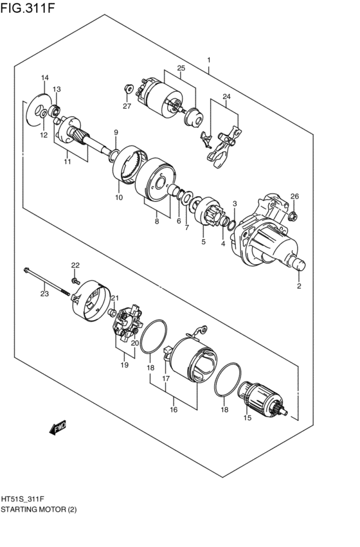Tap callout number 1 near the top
209,60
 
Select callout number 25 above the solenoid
181,68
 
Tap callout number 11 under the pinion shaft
67,163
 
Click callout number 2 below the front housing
299,286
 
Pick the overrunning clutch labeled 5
210,215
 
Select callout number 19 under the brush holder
124,365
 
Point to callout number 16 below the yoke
173,409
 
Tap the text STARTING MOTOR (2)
39,508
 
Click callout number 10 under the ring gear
119,197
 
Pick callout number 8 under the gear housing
156,221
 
